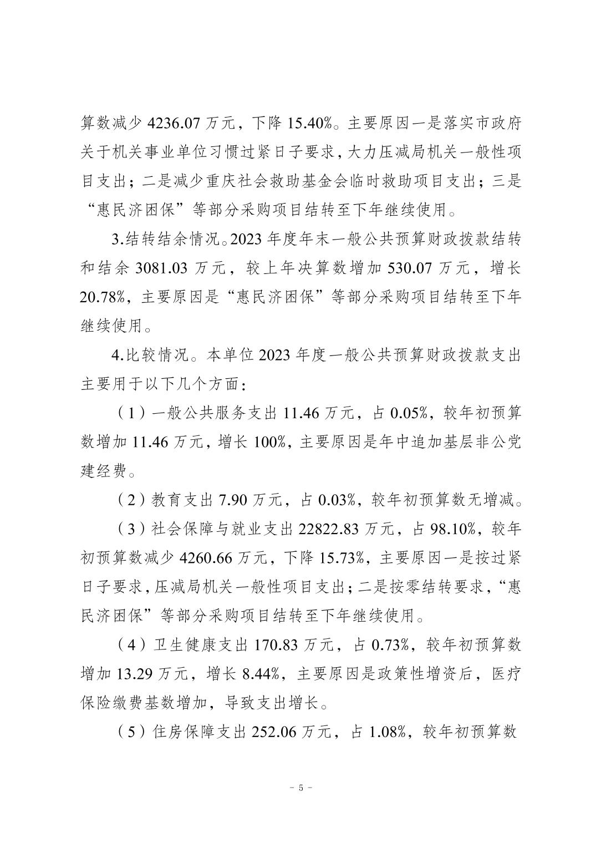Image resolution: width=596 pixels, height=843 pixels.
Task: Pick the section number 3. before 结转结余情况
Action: click(x=116, y=239)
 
